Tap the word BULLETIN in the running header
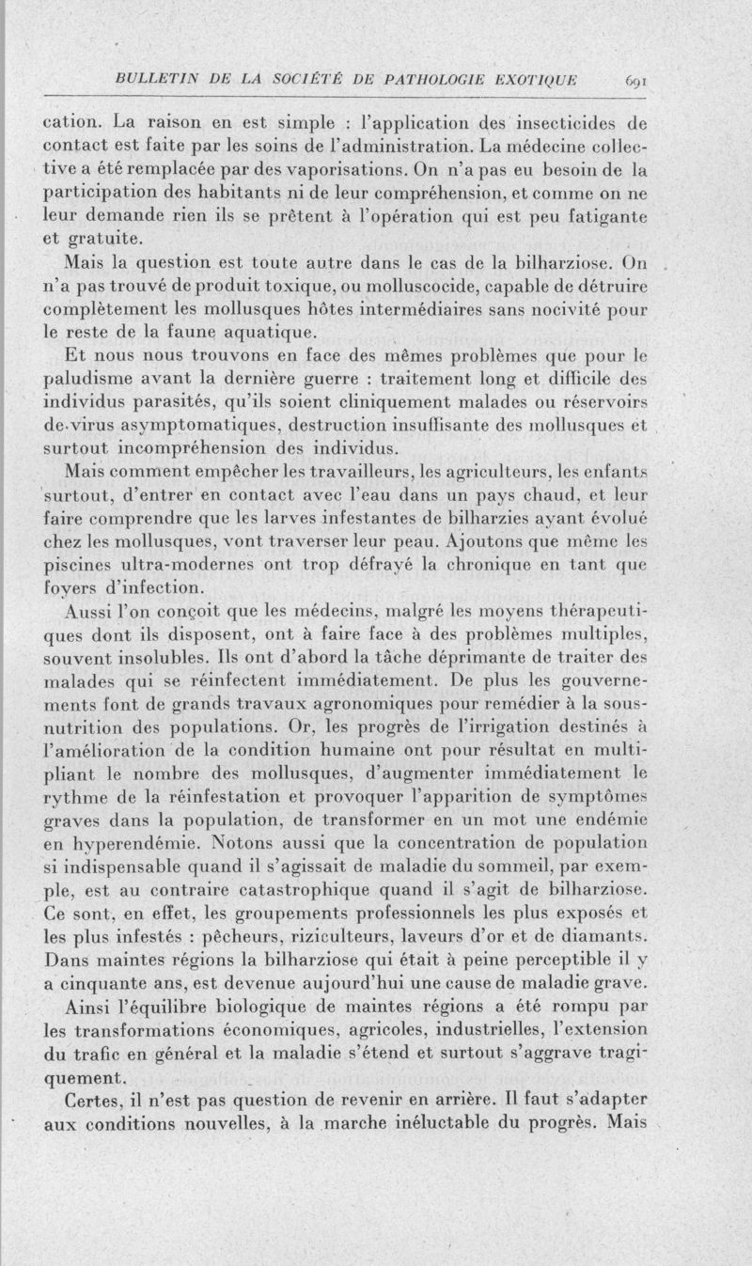coord(151,80)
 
